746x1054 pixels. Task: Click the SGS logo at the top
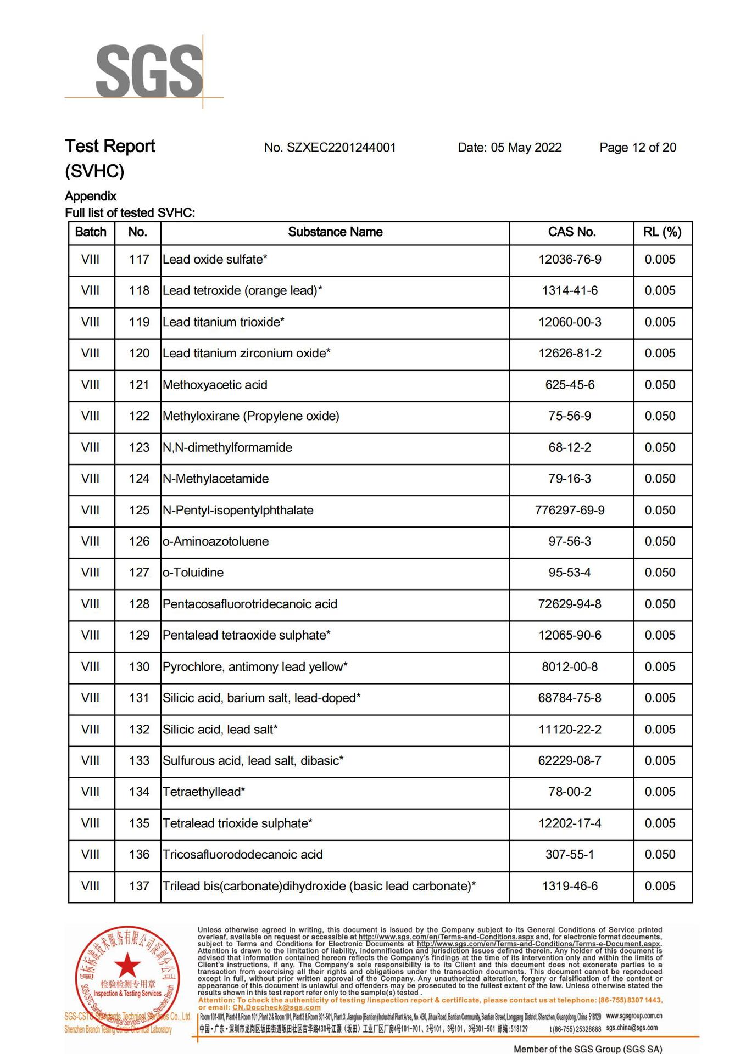148,72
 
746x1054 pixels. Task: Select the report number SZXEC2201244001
330,148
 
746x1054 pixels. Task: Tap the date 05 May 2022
509,148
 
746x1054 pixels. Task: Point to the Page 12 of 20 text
637,148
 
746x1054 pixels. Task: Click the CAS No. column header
571,232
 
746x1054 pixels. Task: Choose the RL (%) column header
662,232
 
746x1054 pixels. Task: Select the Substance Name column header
335,232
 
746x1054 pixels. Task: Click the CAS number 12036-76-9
570,260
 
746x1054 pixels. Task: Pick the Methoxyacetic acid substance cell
215,385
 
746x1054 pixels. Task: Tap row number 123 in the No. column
139,448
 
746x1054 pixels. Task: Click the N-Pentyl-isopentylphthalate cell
238,511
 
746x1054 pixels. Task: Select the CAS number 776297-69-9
570,511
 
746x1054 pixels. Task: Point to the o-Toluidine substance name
193,573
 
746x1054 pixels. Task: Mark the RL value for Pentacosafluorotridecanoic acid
660,604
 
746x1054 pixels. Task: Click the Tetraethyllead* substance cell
204,792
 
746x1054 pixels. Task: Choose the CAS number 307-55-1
570,855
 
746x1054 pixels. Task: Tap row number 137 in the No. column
139,886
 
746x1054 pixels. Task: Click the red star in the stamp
127,965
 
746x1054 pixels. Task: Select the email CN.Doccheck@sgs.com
276,1007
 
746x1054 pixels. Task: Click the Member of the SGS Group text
587,1049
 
